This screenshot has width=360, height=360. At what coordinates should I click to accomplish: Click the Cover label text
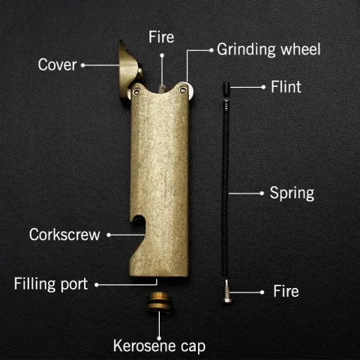pos(57,64)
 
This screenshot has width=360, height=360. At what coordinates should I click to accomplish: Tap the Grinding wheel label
pos(268,49)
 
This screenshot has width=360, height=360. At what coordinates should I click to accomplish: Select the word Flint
pos(286,87)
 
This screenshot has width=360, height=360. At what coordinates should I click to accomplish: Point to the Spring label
pos(292,193)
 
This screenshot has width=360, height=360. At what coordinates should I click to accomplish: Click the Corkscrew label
pos(64,235)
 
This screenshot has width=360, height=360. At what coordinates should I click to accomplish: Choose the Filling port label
pos(51,284)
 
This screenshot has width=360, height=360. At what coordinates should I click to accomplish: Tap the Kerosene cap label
pos(159,346)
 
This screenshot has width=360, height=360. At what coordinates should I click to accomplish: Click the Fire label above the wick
pos(161,37)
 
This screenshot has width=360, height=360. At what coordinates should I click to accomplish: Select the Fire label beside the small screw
pos(286,291)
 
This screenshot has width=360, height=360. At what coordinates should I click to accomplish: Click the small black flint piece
pos(226,89)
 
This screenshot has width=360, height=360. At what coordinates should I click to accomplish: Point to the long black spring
pos(225,187)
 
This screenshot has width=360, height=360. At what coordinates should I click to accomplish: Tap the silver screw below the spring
pos(226,291)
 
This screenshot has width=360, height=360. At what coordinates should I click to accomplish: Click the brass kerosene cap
pos(159,302)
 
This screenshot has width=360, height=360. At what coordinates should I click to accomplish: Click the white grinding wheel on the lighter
pos(190,91)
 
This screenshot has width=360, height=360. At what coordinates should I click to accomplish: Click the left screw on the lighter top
pos(136,92)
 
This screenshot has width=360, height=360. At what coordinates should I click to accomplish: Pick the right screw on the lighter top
pos(183,90)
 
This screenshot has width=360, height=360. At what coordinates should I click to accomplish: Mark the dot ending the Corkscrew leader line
pos(109,235)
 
